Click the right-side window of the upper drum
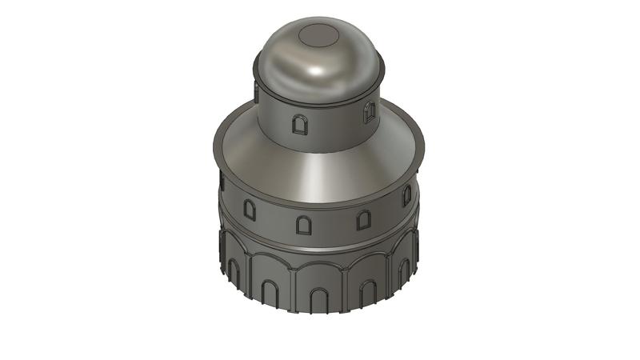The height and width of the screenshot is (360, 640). tap(369, 113)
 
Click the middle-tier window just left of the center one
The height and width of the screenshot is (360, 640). tap(250, 210)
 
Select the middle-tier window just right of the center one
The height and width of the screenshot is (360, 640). tap(363, 219)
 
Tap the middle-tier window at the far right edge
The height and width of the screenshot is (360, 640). tap(406, 194)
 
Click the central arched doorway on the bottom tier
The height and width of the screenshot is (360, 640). tap(318, 299)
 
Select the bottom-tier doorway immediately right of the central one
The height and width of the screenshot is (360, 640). tap(368, 291)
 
